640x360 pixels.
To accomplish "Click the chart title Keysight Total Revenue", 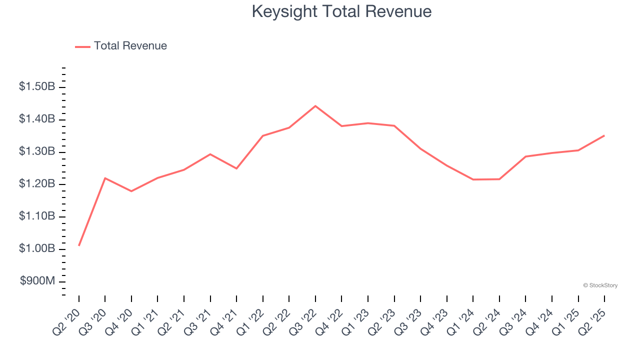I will [341, 11].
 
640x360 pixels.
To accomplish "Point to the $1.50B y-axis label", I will [37, 87].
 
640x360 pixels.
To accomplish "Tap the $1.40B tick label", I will [37, 119].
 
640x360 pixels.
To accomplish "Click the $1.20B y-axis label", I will [37, 184].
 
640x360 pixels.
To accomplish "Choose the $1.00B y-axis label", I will [37, 249].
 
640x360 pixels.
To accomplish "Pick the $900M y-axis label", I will [37, 281].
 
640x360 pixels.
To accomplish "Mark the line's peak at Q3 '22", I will [315, 106].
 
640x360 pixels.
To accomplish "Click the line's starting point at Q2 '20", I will [79, 245].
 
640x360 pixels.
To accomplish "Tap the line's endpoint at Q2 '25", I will [604, 135].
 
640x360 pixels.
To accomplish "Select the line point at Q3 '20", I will [105, 178].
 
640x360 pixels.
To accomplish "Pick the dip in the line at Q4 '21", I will [236, 168].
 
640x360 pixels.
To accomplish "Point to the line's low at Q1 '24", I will [473, 179].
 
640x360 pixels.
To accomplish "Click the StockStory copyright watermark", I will [600, 285].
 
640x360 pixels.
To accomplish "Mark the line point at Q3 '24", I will [525, 156].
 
